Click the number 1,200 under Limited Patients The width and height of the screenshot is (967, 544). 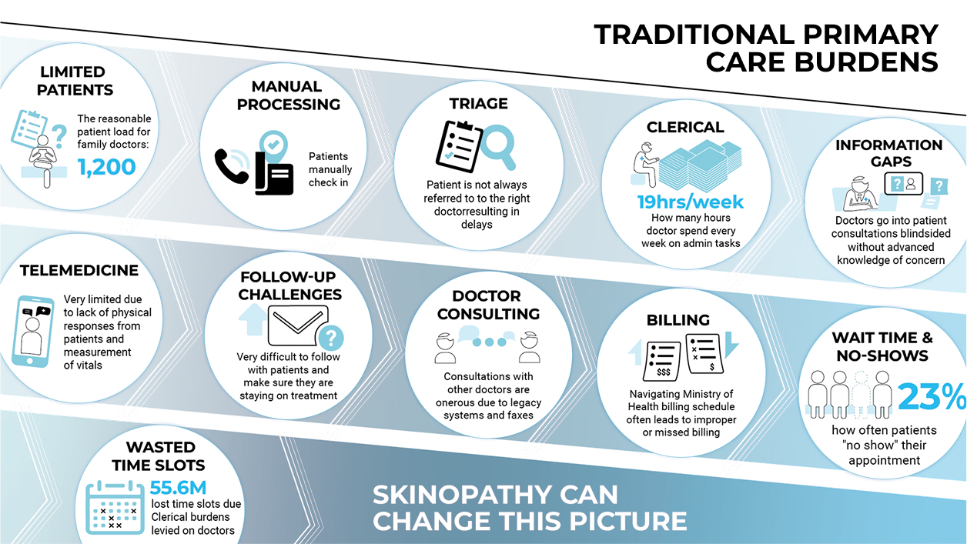point(107,168)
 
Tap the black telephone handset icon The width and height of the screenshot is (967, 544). point(232,166)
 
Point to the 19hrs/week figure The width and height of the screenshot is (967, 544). point(691,202)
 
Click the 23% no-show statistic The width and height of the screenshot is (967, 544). point(932,396)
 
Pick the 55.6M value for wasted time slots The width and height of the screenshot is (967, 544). point(178,488)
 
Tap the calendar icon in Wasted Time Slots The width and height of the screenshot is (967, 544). point(115,507)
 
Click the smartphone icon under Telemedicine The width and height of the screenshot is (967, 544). point(32,332)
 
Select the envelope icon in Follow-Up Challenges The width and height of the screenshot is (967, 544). point(298,325)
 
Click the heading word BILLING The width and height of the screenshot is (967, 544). point(678,320)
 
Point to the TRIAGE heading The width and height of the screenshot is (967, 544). point(478,104)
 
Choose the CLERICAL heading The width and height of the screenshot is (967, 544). point(685,127)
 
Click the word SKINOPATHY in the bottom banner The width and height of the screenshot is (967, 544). point(495,495)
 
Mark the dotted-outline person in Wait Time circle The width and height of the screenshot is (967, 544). point(861,394)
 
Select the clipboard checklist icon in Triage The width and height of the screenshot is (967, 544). point(460,147)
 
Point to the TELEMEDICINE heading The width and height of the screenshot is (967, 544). point(79,271)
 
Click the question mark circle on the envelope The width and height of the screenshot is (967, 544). point(331,338)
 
